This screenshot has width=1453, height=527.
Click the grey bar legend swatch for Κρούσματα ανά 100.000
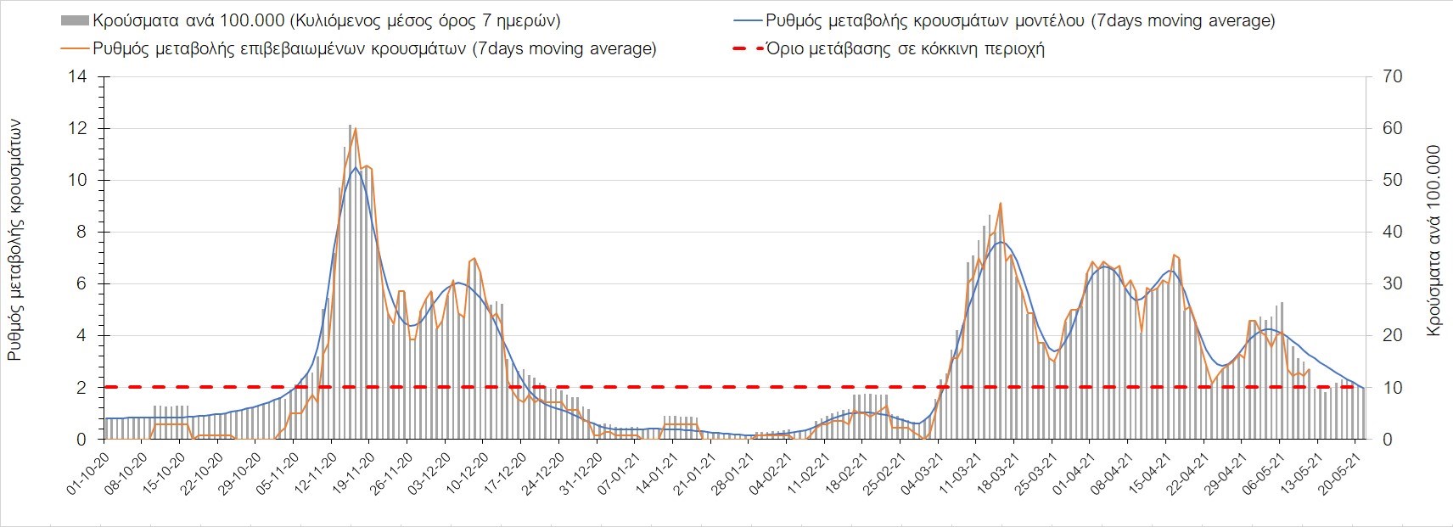(75, 20)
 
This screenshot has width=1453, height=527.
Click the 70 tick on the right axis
(1393, 77)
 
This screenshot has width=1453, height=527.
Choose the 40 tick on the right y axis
(1393, 233)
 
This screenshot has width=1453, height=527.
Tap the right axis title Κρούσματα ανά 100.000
(1434, 240)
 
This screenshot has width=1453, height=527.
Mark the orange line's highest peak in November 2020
(355, 129)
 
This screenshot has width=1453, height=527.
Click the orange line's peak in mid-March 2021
(1001, 204)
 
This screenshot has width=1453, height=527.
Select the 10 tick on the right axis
(1393, 388)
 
